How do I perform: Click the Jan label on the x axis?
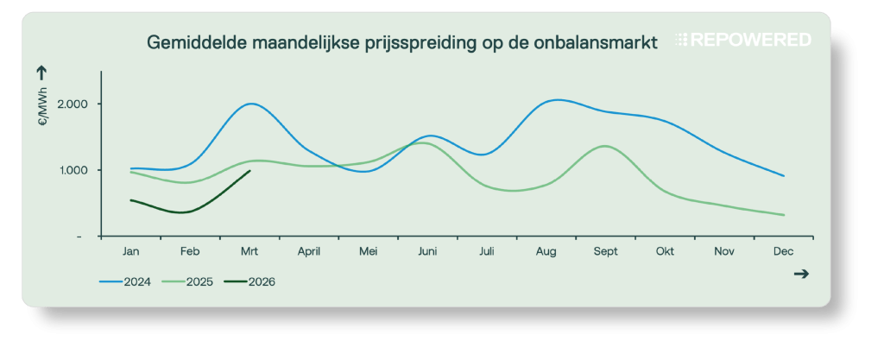pyautogui.click(x=131, y=252)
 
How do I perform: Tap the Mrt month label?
pyautogui.click(x=249, y=252)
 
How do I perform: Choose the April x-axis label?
pyautogui.click(x=309, y=252)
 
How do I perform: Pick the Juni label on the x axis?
pyautogui.click(x=427, y=252)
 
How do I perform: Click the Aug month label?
pyautogui.click(x=546, y=252)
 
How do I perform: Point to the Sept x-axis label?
pyautogui.click(x=605, y=252)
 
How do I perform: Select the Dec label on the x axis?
pyautogui.click(x=783, y=252)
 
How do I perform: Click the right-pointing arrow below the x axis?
pyautogui.click(x=800, y=274)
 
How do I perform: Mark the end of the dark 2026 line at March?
pyautogui.click(x=249, y=171)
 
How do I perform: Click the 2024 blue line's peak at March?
pyautogui.click(x=251, y=104)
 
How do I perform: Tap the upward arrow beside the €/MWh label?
pyautogui.click(x=42, y=74)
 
